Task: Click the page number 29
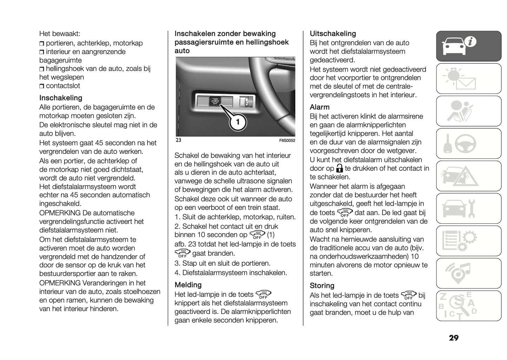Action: click(x=453, y=338)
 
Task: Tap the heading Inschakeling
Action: click(x=61, y=98)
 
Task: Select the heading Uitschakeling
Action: click(x=333, y=34)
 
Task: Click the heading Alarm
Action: click(x=319, y=107)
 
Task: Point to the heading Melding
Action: click(x=188, y=285)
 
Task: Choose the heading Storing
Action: click(x=322, y=286)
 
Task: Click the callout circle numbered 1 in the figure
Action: click(x=238, y=122)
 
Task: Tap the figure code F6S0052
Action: click(x=287, y=141)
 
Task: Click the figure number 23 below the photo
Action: click(x=178, y=140)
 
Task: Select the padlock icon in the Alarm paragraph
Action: click(x=339, y=168)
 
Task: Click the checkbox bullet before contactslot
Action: click(x=42, y=86)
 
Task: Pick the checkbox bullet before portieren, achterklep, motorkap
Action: click(x=42, y=44)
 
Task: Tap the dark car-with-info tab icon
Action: click(x=468, y=46)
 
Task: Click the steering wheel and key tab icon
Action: click(x=468, y=144)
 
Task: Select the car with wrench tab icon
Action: click(x=468, y=209)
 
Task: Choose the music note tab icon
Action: click(x=468, y=273)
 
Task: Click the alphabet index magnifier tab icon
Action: click(x=468, y=306)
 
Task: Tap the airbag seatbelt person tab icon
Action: click(x=468, y=111)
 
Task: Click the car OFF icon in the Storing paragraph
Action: click(x=408, y=295)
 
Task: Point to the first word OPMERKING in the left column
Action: click(x=60, y=213)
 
